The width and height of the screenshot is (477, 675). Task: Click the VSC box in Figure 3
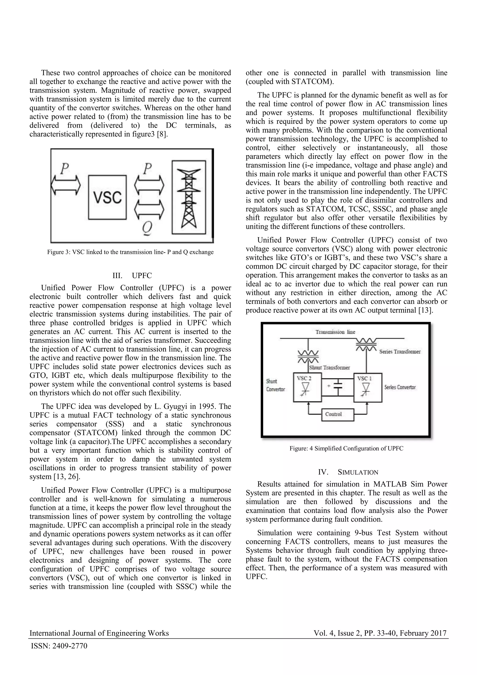point(108,197)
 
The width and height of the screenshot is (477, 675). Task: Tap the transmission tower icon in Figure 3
point(189,197)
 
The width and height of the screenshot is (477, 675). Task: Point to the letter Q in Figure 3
point(147,228)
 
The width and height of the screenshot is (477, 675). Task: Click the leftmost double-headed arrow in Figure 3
point(65,185)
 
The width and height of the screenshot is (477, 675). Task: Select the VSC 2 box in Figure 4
point(307,388)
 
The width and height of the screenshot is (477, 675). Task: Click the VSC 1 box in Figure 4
point(368,388)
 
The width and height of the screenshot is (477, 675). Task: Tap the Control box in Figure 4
point(337,415)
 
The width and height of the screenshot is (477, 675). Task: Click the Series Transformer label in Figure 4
point(400,352)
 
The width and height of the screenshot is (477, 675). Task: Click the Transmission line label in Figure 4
point(335,332)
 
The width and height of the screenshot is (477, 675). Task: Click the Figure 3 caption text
point(130,252)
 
